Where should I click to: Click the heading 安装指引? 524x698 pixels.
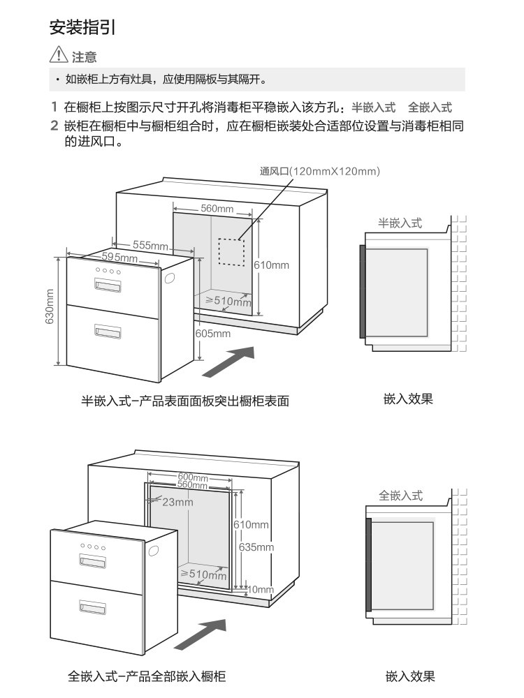click(x=82, y=28)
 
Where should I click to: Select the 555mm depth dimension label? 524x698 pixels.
click(x=151, y=245)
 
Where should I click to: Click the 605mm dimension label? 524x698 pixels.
click(x=213, y=334)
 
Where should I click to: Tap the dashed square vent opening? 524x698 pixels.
click(x=231, y=252)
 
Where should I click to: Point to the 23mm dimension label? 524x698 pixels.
click(x=177, y=502)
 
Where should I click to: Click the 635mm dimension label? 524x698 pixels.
click(x=256, y=547)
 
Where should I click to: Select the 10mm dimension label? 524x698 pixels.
click(x=261, y=589)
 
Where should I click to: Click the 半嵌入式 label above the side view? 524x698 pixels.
click(x=400, y=223)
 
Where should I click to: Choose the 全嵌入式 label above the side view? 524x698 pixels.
click(x=400, y=496)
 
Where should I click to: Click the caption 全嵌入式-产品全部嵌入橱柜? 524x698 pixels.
click(x=147, y=676)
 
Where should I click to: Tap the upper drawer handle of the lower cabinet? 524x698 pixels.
click(x=94, y=559)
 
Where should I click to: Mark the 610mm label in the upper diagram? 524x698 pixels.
click(x=271, y=265)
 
